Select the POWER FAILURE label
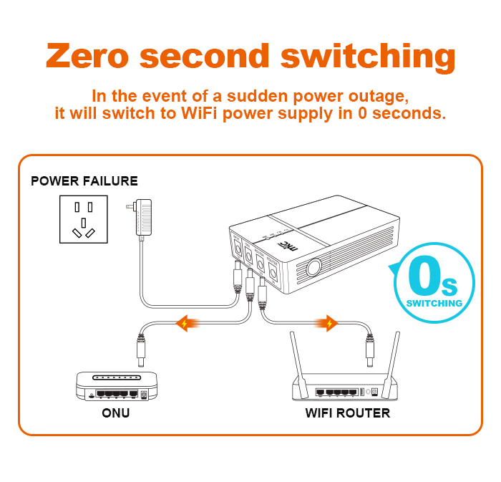[84, 181]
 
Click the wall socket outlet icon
[83, 221]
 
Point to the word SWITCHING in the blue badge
[434, 304]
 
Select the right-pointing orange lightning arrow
[329, 324]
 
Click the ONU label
[115, 413]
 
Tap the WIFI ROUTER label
[348, 413]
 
